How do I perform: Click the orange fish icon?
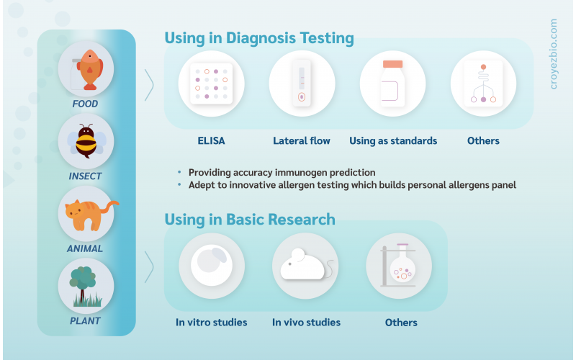pos(89,70)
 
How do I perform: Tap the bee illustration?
pos(86,141)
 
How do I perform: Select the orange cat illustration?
pos(90,215)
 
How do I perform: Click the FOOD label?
pos(85,104)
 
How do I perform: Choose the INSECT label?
pos(85,176)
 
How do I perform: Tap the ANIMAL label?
pos(85,248)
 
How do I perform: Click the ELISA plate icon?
pos(211,84)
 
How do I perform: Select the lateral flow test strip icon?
pos(302,84)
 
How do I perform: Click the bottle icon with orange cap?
pos(392,84)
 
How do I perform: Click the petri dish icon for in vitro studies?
pos(212,265)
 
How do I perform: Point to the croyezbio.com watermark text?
pos(553,54)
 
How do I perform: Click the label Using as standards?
pos(393,140)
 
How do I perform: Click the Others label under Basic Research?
pos(401,323)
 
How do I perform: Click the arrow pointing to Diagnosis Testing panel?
pos(149,85)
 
